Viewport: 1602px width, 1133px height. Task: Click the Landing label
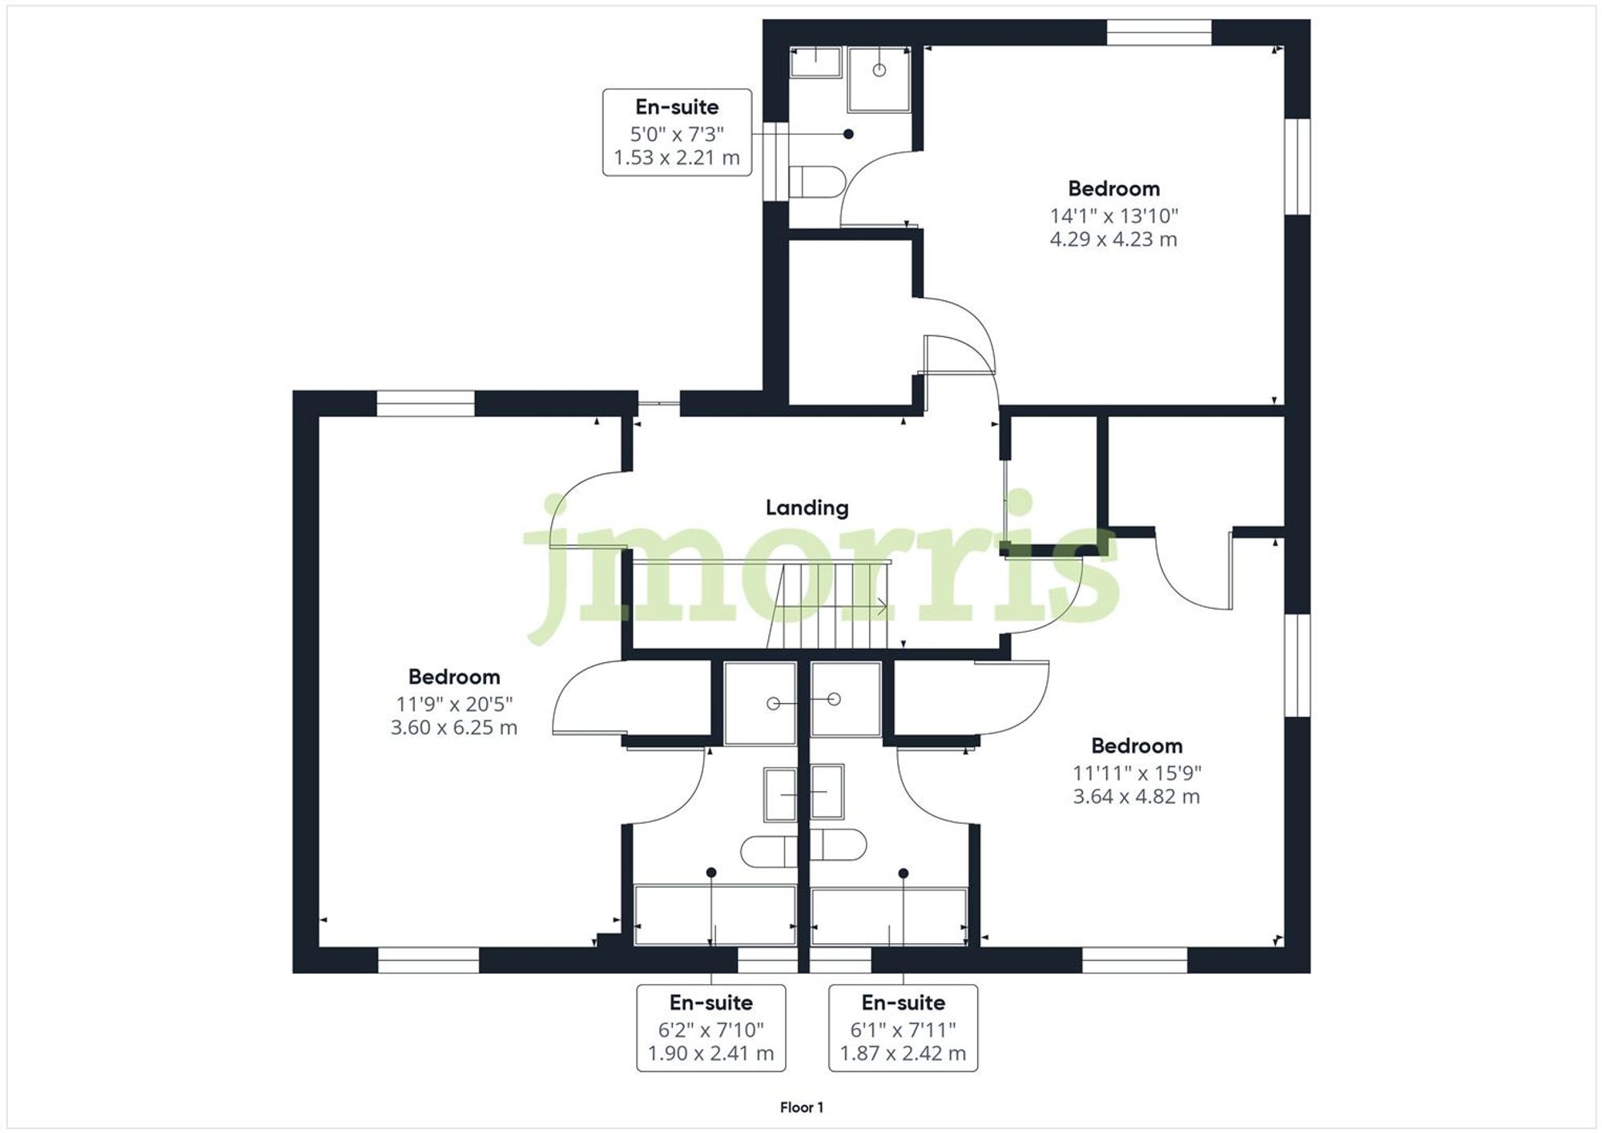[807, 508]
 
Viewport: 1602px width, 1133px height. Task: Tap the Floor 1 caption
[802, 1107]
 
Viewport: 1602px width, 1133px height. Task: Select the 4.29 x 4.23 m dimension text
[1113, 239]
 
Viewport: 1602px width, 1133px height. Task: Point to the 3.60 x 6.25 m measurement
[453, 728]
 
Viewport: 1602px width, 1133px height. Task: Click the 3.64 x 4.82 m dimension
[1137, 797]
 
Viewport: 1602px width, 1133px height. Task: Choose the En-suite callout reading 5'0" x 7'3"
[677, 132]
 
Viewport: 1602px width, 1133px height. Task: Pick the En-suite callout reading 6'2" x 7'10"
[711, 1028]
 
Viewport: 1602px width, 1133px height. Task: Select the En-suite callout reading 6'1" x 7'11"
[903, 1028]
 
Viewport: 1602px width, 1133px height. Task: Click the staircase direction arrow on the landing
[881, 607]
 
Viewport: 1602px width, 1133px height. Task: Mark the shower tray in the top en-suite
[879, 78]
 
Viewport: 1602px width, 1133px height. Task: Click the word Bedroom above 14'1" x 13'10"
[1113, 189]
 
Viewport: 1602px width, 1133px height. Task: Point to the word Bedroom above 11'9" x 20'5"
[453, 677]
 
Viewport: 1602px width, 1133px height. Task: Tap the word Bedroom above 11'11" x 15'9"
[1137, 746]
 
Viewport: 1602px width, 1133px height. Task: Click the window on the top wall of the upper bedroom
[1158, 32]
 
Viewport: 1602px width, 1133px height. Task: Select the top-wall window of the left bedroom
[425, 404]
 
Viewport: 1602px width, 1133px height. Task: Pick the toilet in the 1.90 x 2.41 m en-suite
[769, 851]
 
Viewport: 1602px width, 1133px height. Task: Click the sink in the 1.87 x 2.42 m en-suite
[827, 792]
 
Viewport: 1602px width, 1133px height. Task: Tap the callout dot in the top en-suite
[848, 135]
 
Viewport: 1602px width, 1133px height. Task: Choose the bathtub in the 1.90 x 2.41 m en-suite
[714, 915]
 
